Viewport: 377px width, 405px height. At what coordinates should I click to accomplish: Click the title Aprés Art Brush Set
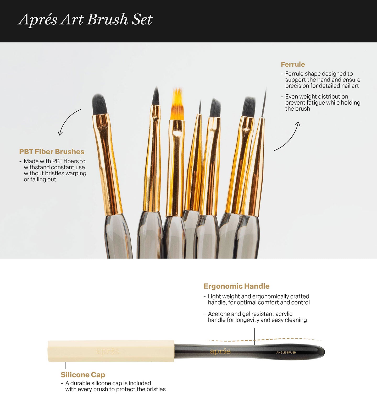[85, 20]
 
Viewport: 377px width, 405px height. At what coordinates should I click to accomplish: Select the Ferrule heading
[293, 64]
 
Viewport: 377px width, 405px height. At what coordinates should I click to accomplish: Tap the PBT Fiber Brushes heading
[52, 152]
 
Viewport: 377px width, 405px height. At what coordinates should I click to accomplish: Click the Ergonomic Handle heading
[236, 286]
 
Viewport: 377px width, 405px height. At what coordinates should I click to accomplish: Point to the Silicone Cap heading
[83, 375]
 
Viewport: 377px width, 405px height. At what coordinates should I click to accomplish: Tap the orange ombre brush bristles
[177, 104]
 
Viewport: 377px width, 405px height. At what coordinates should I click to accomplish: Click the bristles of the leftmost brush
[99, 104]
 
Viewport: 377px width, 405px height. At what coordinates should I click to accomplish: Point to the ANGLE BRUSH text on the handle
[286, 353]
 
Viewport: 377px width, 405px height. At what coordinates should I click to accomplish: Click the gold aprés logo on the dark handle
[220, 351]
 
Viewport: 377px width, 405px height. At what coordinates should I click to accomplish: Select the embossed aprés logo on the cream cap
[107, 351]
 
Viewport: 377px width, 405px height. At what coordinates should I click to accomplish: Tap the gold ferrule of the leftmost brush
[108, 165]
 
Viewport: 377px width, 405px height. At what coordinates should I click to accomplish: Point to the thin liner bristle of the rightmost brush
[264, 103]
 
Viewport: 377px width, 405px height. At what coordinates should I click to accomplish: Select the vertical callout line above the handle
[255, 336]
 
